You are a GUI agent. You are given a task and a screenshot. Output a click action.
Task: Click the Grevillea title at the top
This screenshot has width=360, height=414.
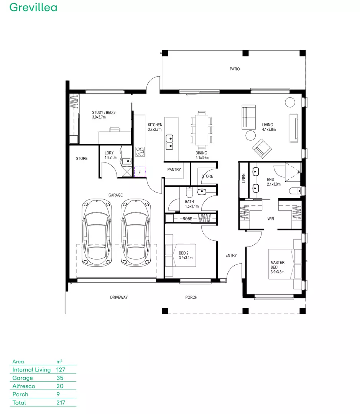pos(33,7)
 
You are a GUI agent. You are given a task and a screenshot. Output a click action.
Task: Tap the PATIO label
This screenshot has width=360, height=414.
pos(235,69)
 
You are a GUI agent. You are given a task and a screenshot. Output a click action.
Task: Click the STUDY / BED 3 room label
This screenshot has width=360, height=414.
pos(104,112)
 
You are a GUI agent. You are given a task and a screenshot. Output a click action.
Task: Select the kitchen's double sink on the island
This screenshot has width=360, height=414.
pos(169,142)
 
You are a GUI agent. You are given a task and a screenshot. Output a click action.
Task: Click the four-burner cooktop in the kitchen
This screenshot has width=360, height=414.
pos(140,152)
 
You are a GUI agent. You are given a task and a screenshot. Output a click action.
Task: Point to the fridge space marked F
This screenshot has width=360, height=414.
pos(140,172)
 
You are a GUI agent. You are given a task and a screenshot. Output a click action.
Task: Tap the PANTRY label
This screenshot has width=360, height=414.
pos(174,169)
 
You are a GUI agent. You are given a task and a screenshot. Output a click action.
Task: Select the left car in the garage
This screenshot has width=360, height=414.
pos(96,232)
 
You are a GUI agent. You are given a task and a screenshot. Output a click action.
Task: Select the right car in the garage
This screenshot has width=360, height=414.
pos(135,232)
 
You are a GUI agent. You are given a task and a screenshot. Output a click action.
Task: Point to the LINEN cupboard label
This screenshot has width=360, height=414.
pos(243,178)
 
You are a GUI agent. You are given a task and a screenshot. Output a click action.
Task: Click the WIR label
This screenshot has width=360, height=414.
pos(271,219)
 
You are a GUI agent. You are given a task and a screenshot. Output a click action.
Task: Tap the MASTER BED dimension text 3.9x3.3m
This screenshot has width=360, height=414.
pos(278,272)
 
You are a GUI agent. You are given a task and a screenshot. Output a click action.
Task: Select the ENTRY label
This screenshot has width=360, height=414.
pos(231,255)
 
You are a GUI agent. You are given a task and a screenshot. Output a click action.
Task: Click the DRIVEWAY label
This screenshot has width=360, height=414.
pos(119,297)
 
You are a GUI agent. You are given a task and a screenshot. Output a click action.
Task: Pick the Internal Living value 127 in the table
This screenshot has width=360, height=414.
pos(61,370)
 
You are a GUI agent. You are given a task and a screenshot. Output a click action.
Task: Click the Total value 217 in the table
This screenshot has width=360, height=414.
pos(61,402)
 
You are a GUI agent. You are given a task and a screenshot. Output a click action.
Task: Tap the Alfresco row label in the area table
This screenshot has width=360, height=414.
pos(24,386)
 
